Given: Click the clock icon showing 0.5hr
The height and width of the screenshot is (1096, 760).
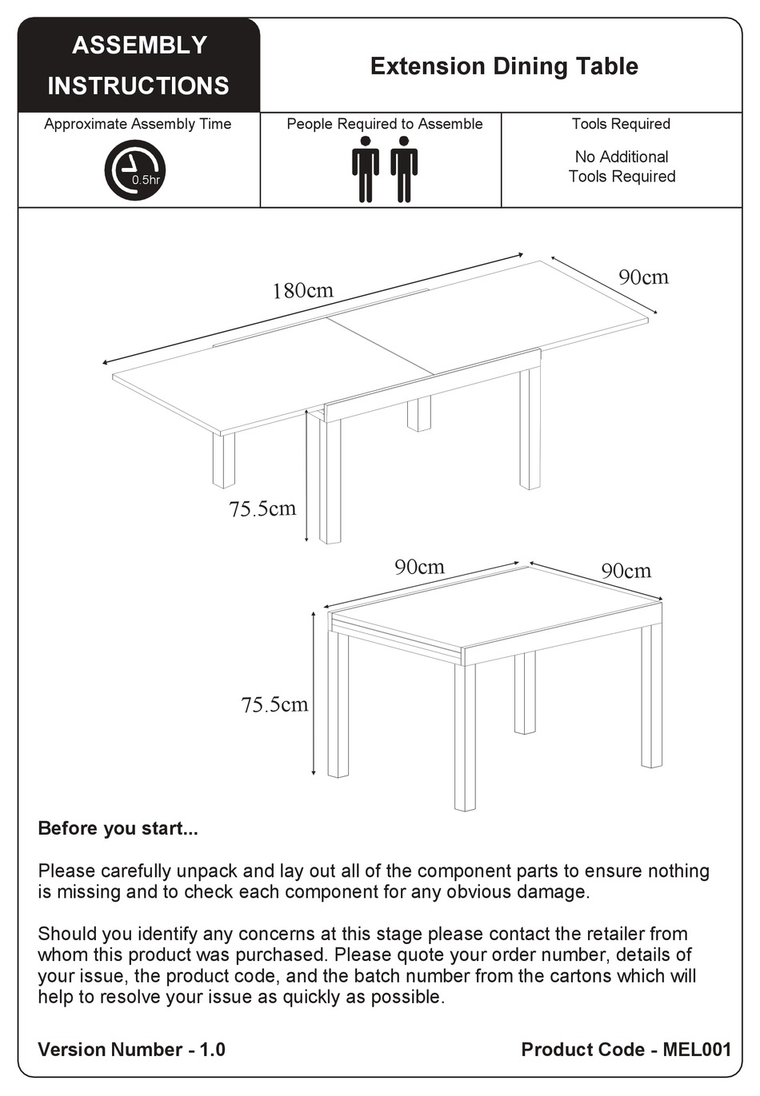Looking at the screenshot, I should coord(134,169).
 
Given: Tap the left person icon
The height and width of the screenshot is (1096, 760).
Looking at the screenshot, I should coord(366,169).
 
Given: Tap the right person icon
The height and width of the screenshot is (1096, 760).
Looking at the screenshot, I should coord(404,169).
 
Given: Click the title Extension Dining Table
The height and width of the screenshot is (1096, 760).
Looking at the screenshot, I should coord(503,66).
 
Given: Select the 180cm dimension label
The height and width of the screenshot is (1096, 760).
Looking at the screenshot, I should coord(302,290).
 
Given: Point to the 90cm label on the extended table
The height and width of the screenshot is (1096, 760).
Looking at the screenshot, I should coord(643,277).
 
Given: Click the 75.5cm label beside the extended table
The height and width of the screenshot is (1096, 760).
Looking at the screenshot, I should coord(262,509).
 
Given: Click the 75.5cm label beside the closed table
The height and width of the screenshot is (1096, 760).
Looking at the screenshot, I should coord(274,705).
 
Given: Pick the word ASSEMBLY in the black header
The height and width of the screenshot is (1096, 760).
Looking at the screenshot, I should coord(139,46).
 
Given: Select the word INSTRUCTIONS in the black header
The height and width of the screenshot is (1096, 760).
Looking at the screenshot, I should coord(138,86).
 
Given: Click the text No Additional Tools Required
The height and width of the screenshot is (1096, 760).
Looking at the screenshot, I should coord(622,167).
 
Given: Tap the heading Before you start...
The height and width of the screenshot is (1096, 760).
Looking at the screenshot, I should coord(118,828).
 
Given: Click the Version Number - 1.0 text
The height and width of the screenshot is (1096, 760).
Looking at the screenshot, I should coord(131,1050).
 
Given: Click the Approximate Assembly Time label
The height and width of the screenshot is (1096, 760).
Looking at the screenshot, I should coord(138,124).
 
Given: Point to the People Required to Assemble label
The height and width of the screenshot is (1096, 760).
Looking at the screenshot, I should coord(384,124).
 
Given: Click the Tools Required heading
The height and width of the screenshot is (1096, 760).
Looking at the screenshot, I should coord(621,124).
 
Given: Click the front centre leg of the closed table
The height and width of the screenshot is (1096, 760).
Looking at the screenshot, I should coord(465,735).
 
